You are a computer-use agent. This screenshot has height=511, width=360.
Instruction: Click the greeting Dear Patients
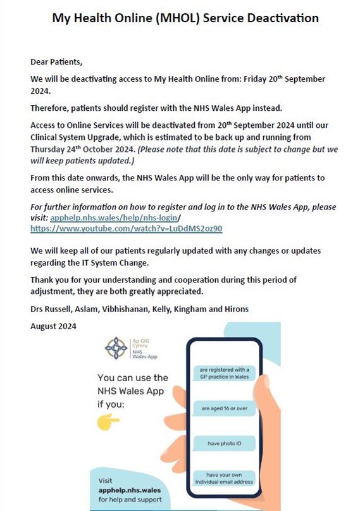pos(57,62)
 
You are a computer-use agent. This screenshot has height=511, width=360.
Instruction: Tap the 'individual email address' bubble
pos(225,479)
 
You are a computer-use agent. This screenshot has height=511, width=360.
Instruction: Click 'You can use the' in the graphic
pos(133,377)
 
